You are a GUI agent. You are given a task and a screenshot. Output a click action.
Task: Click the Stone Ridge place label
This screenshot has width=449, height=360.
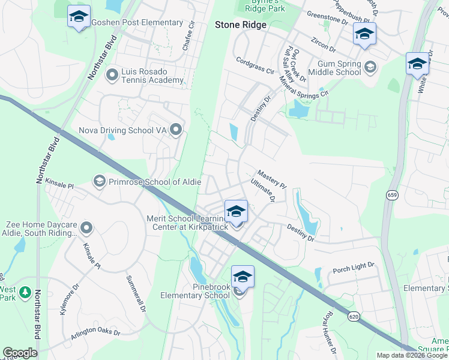point(240,25)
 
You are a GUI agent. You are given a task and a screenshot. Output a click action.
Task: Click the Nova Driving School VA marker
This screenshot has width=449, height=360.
point(176,130)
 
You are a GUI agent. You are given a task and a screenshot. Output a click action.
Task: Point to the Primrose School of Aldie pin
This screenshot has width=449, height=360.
point(100,181)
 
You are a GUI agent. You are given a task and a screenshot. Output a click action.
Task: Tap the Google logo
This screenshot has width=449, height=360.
point(20,353)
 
